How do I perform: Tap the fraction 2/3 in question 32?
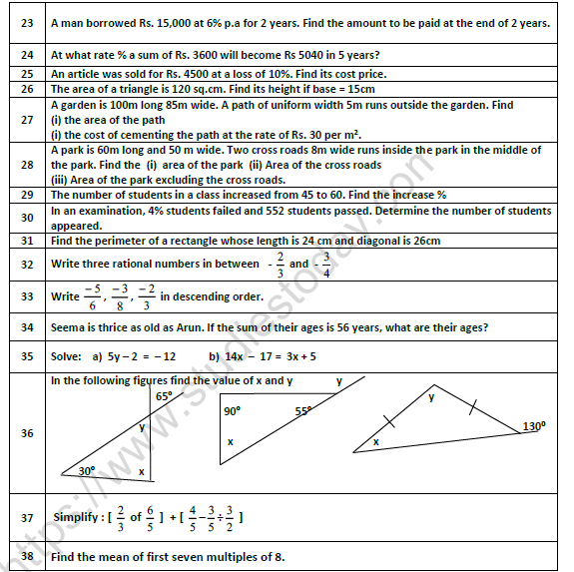point(280,266)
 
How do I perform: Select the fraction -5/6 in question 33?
point(92,296)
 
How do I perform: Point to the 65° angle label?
point(164,396)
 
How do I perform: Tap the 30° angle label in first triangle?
point(87,470)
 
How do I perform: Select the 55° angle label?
point(301,410)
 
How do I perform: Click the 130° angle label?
point(534,426)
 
